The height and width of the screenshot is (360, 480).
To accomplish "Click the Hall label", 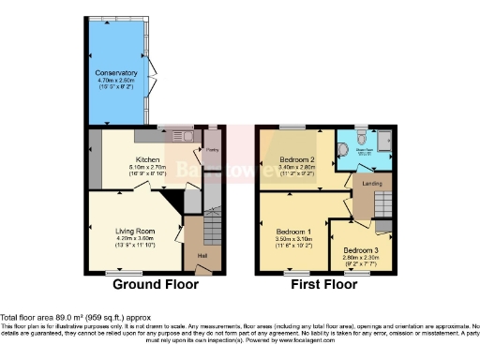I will point(201,254).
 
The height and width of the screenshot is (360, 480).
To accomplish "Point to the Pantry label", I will point(212,148).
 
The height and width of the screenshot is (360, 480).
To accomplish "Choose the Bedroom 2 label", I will point(297,160).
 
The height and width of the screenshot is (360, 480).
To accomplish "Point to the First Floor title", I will point(327,282).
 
